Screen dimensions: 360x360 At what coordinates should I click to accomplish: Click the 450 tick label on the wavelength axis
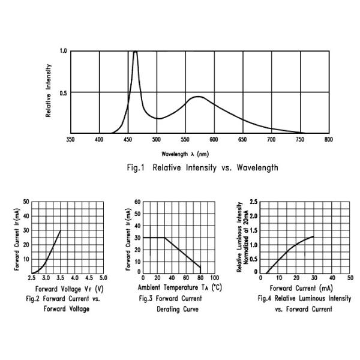point(128,139)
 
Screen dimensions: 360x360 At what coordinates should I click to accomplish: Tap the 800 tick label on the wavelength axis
point(328,139)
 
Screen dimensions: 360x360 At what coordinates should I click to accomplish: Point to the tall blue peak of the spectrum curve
point(135,52)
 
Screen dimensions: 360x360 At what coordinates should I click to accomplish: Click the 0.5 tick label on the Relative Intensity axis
point(62,92)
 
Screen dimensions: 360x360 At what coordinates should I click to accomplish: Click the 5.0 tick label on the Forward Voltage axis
point(103,278)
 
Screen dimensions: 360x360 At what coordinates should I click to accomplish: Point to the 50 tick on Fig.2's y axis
point(26,202)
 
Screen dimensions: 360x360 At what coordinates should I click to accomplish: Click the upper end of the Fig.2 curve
point(60,231)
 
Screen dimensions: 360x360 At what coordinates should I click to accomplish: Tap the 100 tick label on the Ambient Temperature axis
point(214,278)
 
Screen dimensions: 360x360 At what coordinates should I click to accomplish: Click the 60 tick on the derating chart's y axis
point(137,202)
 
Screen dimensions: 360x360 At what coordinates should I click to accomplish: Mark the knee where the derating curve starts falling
point(164,238)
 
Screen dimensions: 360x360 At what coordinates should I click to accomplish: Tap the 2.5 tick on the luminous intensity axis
point(254,202)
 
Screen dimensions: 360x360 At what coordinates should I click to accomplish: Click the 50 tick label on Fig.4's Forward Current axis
point(350,278)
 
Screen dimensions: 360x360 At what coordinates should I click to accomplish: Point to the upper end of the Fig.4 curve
point(314,236)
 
